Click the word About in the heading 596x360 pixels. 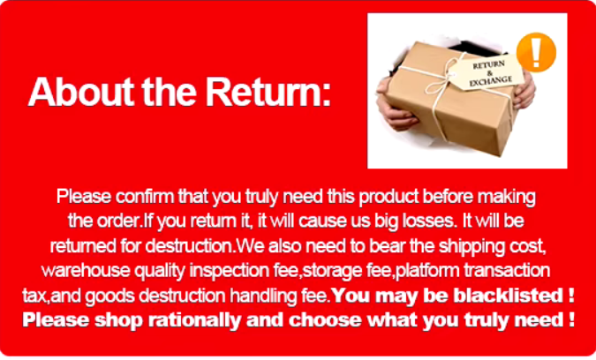tap(81, 93)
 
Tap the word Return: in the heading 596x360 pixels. tap(268, 93)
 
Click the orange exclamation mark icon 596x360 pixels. tap(536, 52)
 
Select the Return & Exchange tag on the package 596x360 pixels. tap(488, 72)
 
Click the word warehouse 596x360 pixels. tap(86, 270)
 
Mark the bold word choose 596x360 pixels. tap(326, 319)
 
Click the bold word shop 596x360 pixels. tap(118, 319)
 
